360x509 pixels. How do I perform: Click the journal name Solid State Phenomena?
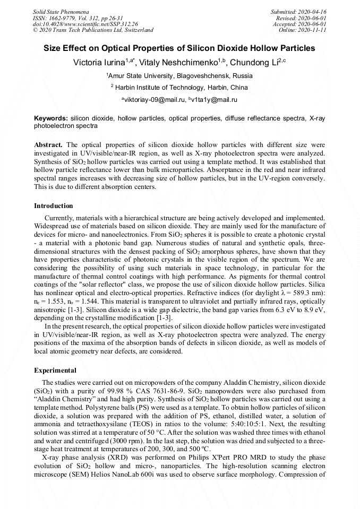click(61, 11)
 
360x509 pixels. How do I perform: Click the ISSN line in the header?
click(76, 18)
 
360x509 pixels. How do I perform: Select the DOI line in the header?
click(85, 24)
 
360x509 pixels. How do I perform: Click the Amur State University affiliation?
click(181, 76)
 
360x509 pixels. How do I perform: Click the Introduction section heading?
click(54, 206)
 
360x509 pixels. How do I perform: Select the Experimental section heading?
click(55, 370)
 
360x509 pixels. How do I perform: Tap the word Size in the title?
click(54, 48)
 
